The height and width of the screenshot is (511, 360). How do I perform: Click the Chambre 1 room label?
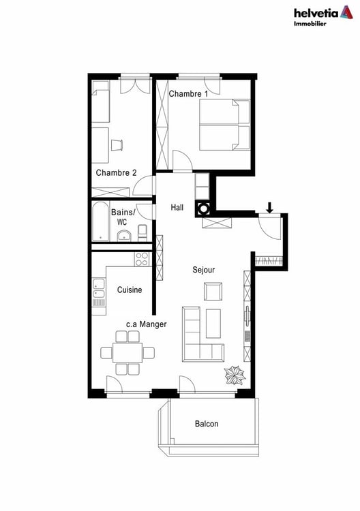point(189,93)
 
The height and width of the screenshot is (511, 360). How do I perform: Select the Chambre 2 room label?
point(116,173)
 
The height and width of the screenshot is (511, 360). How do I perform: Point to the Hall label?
point(178,208)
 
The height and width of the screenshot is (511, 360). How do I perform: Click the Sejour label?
point(203,270)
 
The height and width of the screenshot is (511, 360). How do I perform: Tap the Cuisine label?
point(130,290)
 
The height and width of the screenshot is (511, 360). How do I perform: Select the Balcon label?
point(207,424)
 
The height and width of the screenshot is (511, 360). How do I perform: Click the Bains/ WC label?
point(123,217)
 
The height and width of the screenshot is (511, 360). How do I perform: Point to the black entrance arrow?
point(271,206)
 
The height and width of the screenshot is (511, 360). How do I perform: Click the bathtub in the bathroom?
point(100,221)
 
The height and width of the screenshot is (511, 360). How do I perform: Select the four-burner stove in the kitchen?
point(142,259)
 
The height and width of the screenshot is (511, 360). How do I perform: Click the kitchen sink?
point(99,295)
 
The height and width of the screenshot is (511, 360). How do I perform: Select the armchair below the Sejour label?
point(213,292)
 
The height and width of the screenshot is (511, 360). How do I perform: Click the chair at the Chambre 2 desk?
point(117,144)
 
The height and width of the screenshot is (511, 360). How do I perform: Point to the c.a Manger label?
point(146,325)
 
